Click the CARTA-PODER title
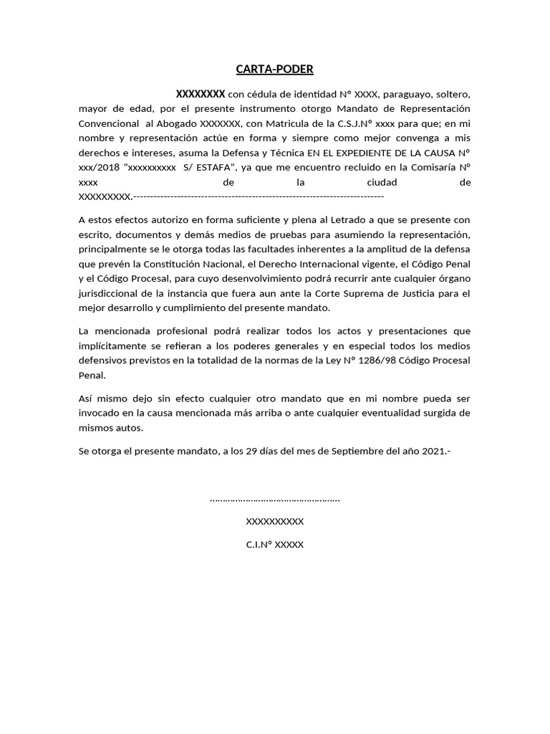(275, 70)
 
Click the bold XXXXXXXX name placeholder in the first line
(201, 94)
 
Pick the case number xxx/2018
(100, 168)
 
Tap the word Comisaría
(430, 168)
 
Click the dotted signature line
(275, 499)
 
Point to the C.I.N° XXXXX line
(275, 545)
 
